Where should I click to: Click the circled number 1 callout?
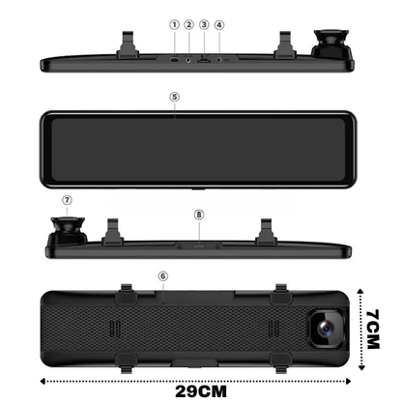[175, 23]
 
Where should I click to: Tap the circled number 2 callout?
[189, 23]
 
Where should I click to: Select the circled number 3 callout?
[205, 23]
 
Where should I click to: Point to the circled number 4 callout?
[219, 23]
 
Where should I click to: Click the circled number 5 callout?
[174, 98]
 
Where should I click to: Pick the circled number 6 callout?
[163, 275]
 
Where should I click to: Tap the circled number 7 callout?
[67, 202]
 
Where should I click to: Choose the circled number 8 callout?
[198, 215]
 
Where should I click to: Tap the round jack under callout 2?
[189, 61]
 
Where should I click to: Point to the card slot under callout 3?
[205, 61]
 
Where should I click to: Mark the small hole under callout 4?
[219, 61]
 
